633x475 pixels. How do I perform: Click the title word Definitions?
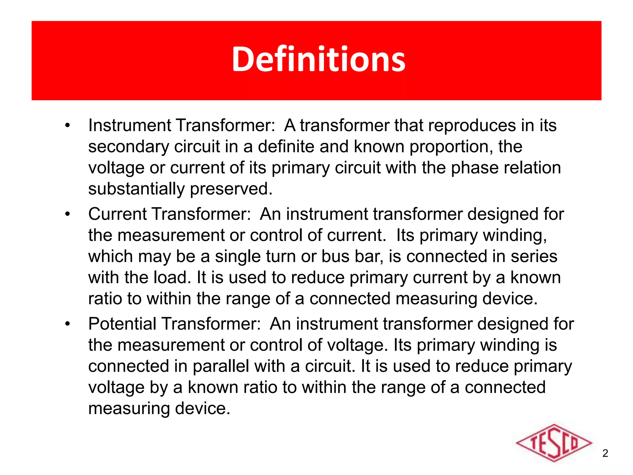point(318,59)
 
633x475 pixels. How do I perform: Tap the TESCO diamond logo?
point(554,443)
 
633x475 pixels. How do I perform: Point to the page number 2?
point(605,453)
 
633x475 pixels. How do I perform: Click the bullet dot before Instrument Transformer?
point(68,126)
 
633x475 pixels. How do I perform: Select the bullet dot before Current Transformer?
point(68,214)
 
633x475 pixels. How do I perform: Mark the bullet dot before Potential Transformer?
point(68,324)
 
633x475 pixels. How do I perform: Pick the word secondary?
point(129,147)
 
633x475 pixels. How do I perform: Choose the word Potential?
point(122,324)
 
